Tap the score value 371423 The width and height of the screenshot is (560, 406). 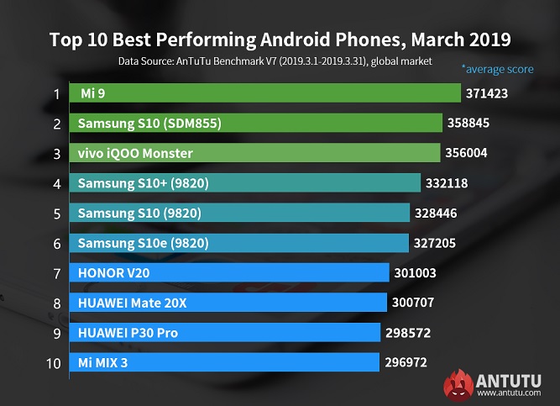(x=491, y=93)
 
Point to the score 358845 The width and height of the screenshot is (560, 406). (x=473, y=124)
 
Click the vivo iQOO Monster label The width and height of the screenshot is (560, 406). (x=135, y=153)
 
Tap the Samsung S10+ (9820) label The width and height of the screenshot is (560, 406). (x=141, y=183)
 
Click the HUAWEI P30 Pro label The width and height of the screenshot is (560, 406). (x=128, y=333)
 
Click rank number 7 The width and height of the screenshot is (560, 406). (x=57, y=273)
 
